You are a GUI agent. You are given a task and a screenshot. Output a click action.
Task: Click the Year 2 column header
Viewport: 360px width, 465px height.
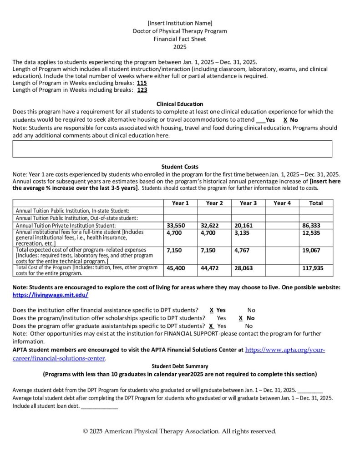pos(214,203)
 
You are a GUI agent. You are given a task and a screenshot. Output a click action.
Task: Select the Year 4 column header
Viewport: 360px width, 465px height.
pos(282,203)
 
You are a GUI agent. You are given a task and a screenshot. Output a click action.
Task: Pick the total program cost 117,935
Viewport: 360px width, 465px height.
pos(313,268)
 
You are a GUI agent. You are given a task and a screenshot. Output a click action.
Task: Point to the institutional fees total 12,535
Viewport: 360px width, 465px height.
pos(312,233)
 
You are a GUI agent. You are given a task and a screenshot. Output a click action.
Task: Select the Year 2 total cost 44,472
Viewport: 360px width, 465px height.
pos(210,268)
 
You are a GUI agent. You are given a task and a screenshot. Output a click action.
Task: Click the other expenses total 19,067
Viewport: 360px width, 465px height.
pos(312,250)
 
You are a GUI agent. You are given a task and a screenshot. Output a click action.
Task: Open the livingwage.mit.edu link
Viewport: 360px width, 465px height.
pos(51,295)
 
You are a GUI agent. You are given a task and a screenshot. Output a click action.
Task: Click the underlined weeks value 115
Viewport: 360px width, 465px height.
pos(142,83)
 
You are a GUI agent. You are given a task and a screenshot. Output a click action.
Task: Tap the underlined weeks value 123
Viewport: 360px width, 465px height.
pos(142,90)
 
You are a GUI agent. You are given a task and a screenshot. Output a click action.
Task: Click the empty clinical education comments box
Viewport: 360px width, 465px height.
pos(172,148)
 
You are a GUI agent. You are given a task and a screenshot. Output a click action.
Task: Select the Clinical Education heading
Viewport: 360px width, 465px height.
pos(180,104)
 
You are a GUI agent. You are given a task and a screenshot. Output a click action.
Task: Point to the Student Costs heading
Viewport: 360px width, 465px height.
pos(180,167)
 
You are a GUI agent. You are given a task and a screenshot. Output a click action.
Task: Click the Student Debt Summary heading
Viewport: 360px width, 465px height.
pos(180,366)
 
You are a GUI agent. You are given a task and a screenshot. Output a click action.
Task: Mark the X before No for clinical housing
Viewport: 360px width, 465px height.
pos(285,120)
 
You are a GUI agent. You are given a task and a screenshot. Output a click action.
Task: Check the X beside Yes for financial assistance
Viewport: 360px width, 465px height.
pos(212,310)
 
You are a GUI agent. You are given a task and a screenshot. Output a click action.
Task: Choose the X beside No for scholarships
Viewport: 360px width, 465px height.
pos(240,318)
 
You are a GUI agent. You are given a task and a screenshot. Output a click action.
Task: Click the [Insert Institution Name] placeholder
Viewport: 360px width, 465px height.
pos(180,23)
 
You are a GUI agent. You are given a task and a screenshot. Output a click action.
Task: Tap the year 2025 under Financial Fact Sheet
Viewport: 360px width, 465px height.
pos(180,46)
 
